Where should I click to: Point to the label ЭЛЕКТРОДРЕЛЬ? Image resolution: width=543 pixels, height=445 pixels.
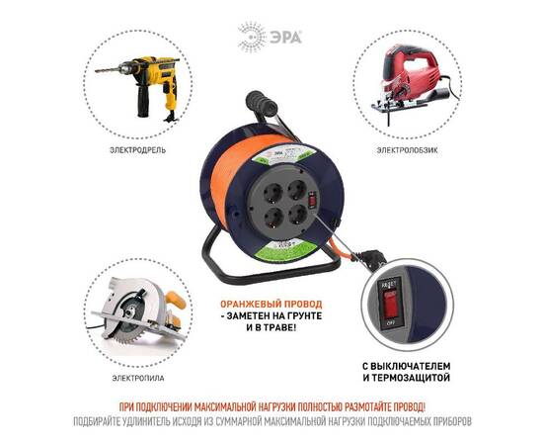(138, 150)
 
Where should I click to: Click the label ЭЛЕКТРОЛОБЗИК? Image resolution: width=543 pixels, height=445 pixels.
(406, 150)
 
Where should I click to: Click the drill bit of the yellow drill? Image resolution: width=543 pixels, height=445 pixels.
(105, 68)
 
